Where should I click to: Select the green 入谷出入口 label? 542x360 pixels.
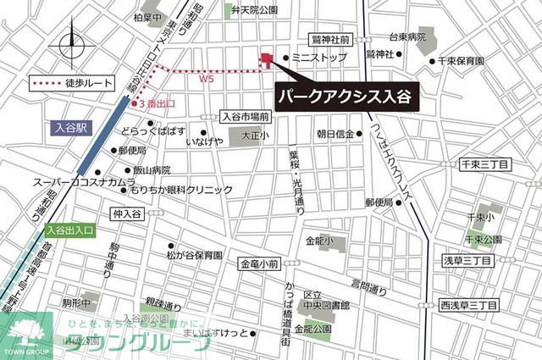72,230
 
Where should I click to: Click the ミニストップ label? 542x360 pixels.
318,58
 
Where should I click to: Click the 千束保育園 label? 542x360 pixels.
462,61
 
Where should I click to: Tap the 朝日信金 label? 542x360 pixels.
335,134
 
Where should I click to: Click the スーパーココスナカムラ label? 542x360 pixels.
84,182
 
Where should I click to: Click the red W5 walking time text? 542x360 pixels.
207,80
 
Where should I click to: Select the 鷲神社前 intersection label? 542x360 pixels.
330,40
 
